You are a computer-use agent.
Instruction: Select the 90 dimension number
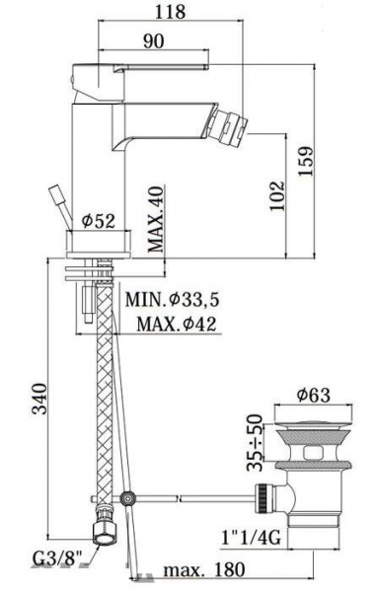click(x=153, y=40)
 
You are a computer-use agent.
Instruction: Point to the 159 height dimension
click(x=306, y=161)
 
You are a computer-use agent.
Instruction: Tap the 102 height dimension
click(x=277, y=196)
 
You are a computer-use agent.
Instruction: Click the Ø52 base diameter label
click(x=99, y=220)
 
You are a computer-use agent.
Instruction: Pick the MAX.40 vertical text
click(x=156, y=219)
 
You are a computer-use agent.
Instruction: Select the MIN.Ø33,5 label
click(x=173, y=300)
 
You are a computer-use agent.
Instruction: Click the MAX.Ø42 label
click(x=176, y=324)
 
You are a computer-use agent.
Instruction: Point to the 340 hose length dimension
click(x=38, y=399)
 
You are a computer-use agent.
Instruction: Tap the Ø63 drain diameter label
click(x=313, y=395)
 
